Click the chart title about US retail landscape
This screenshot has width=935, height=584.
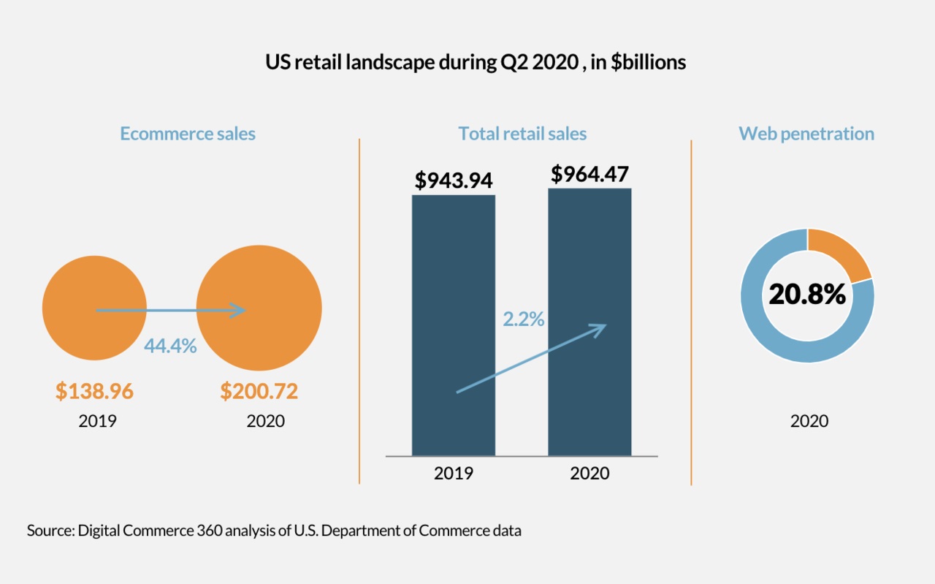[476, 62]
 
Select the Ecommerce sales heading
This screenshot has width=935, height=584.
[188, 134]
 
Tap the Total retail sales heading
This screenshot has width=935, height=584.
[522, 134]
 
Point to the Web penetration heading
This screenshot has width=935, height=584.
[806, 134]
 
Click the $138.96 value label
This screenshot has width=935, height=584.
[95, 392]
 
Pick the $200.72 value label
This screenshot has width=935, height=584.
[259, 392]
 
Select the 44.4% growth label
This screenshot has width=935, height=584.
[170, 346]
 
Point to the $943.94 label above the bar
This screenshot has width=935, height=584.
[454, 180]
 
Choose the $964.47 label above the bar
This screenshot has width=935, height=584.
[589, 174]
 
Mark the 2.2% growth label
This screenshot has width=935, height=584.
[524, 319]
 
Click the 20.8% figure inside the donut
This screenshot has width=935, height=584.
[807, 294]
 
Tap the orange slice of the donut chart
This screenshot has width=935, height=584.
[842, 251]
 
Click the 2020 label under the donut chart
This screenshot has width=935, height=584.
[809, 421]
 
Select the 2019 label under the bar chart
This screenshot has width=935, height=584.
[454, 473]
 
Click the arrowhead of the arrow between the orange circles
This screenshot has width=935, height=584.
[238, 310]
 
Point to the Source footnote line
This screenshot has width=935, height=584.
[275, 531]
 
